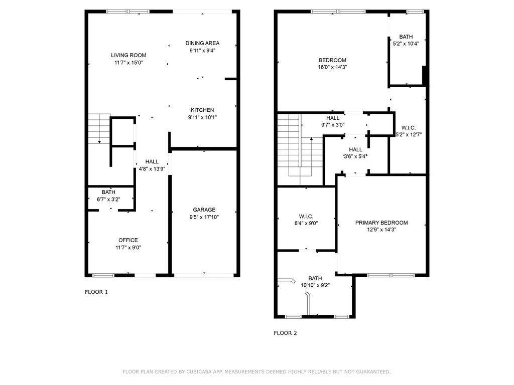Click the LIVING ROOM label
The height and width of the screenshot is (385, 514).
click(128, 55)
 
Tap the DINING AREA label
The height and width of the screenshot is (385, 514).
click(202, 43)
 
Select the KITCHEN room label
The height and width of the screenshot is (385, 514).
click(202, 110)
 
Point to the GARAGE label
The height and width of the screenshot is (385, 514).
click(204, 210)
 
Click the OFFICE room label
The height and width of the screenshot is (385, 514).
click(128, 240)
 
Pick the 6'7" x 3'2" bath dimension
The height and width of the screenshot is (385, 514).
click(108, 200)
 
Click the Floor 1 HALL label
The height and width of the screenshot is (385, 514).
click(152, 162)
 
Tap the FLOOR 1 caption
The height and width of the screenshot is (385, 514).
click(96, 292)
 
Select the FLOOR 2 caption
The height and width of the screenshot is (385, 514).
click(285, 333)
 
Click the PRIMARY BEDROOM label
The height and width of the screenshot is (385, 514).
click(381, 223)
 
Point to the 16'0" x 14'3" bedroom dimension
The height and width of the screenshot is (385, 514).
click(332, 68)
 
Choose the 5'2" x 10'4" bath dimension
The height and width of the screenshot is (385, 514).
click(406, 44)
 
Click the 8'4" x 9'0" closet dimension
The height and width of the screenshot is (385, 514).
click(306, 224)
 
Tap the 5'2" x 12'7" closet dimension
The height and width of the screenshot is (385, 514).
click(409, 134)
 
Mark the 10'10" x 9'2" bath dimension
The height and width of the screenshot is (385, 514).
click(315, 285)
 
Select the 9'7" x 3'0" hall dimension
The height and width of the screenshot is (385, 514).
click(333, 125)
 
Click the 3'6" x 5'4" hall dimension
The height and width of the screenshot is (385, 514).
click(355, 156)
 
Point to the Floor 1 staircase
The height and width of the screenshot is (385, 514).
click(99, 129)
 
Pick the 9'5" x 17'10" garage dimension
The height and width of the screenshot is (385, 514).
click(204, 217)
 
